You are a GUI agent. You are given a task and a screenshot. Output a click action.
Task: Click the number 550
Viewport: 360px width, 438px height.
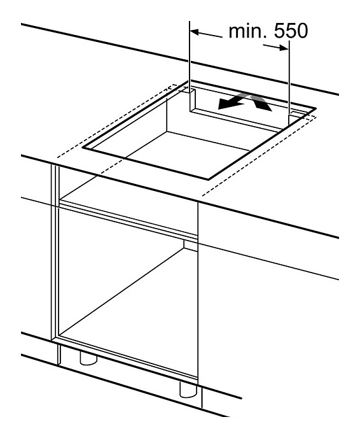(291, 31)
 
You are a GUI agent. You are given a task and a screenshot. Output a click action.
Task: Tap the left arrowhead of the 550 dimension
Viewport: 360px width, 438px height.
(194, 32)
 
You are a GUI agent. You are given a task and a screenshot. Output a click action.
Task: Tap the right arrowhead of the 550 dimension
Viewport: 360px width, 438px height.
(284, 48)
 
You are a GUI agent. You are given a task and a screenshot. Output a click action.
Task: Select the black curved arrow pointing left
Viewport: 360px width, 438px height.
(230, 102)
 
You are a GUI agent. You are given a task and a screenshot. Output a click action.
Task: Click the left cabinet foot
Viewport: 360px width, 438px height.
(88, 358)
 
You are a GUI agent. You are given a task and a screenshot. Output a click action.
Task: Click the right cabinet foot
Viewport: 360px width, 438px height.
(188, 390)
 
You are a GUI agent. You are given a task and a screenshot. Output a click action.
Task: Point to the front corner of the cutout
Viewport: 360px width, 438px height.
(208, 179)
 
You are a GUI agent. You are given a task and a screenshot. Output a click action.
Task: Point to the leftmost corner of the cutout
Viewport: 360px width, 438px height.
(83, 148)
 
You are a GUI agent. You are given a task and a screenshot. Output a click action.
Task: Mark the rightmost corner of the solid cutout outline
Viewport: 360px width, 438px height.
(315, 108)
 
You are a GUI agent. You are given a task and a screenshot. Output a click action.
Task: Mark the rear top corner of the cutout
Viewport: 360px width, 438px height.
(189, 81)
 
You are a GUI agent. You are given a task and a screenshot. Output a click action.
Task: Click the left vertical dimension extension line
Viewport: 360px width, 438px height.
(190, 66)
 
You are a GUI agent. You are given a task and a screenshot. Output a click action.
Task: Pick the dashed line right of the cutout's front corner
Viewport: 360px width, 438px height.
(259, 156)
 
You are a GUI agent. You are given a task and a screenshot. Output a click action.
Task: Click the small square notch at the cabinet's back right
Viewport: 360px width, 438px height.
(191, 245)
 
